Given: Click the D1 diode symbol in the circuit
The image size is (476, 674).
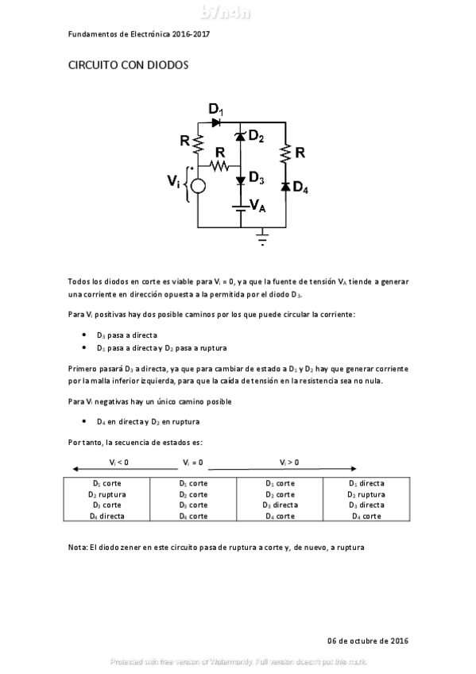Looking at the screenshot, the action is [216, 122].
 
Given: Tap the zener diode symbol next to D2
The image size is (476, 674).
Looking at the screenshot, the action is [240, 138].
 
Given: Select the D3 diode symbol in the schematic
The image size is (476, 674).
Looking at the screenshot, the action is [240, 180].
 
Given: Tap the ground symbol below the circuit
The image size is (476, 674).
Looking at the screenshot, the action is [263, 238].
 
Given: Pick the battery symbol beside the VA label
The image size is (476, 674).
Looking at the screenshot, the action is [240, 208].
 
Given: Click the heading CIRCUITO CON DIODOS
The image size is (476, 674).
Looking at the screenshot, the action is [127, 67].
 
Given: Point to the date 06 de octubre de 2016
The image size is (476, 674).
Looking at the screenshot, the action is [368, 641].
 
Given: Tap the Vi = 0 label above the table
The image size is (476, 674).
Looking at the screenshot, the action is [193, 462].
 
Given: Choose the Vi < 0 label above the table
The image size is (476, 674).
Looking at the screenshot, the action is [119, 462].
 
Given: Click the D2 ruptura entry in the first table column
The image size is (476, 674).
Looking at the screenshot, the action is [106, 494].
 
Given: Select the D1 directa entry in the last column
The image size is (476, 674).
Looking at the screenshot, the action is [366, 483].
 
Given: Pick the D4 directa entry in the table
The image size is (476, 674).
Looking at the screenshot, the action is [106, 515].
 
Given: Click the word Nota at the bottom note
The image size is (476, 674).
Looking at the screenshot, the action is [78, 547].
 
